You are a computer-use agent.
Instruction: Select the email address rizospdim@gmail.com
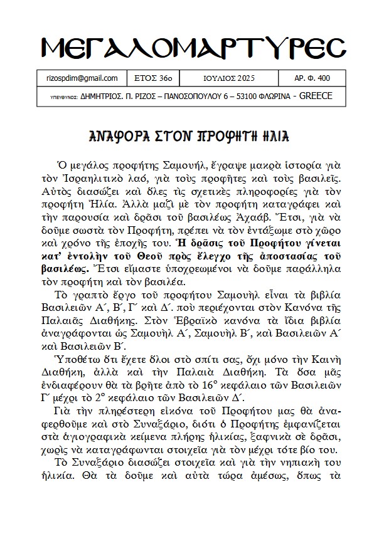pyautogui.click(x=82, y=78)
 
